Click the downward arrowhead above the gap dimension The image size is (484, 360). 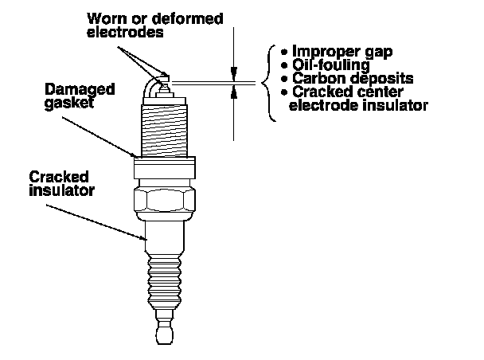[234, 71]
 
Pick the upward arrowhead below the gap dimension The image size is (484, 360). [234, 92]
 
